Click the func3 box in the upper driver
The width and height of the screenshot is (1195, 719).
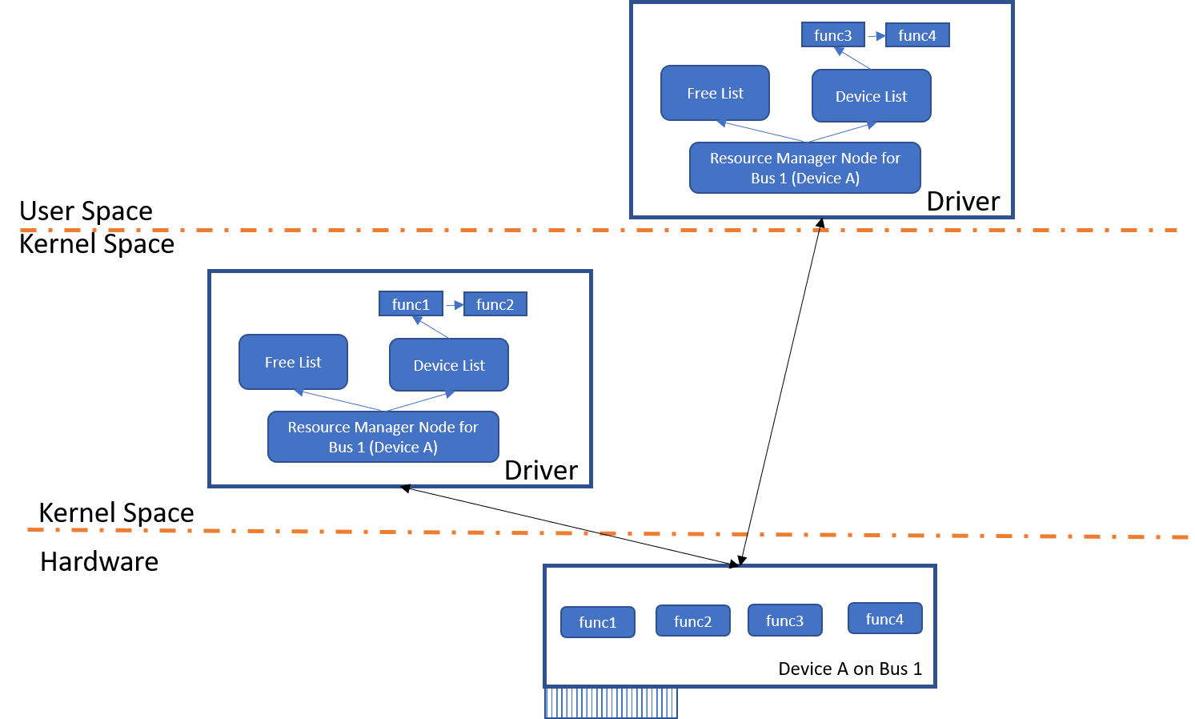[832, 35]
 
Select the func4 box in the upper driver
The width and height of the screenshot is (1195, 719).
[917, 35]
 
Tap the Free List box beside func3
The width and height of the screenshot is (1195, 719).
[715, 94]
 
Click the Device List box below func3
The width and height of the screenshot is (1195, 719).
[871, 96]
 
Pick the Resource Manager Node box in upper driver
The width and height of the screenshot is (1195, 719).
[804, 168]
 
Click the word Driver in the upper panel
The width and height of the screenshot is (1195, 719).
[963, 202]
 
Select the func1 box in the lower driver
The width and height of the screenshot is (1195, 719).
[411, 304]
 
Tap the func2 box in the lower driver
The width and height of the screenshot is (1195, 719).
[495, 304]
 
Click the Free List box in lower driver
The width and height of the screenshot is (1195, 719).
[293, 363]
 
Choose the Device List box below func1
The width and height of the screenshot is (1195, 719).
[448, 365]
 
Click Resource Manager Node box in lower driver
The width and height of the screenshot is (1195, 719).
[383, 437]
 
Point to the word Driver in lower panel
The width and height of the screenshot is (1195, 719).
[541, 471]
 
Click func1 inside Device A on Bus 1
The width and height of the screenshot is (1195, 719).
[598, 622]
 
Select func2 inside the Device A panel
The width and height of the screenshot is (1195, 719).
[692, 621]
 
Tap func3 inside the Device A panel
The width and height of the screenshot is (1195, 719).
[784, 621]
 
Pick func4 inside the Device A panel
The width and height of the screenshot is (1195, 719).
[884, 619]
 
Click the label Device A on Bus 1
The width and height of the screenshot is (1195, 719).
[850, 669]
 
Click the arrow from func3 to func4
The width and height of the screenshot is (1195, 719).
[876, 36]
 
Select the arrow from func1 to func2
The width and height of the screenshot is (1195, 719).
[454, 305]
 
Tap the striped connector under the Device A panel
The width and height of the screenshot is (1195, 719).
[612, 703]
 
